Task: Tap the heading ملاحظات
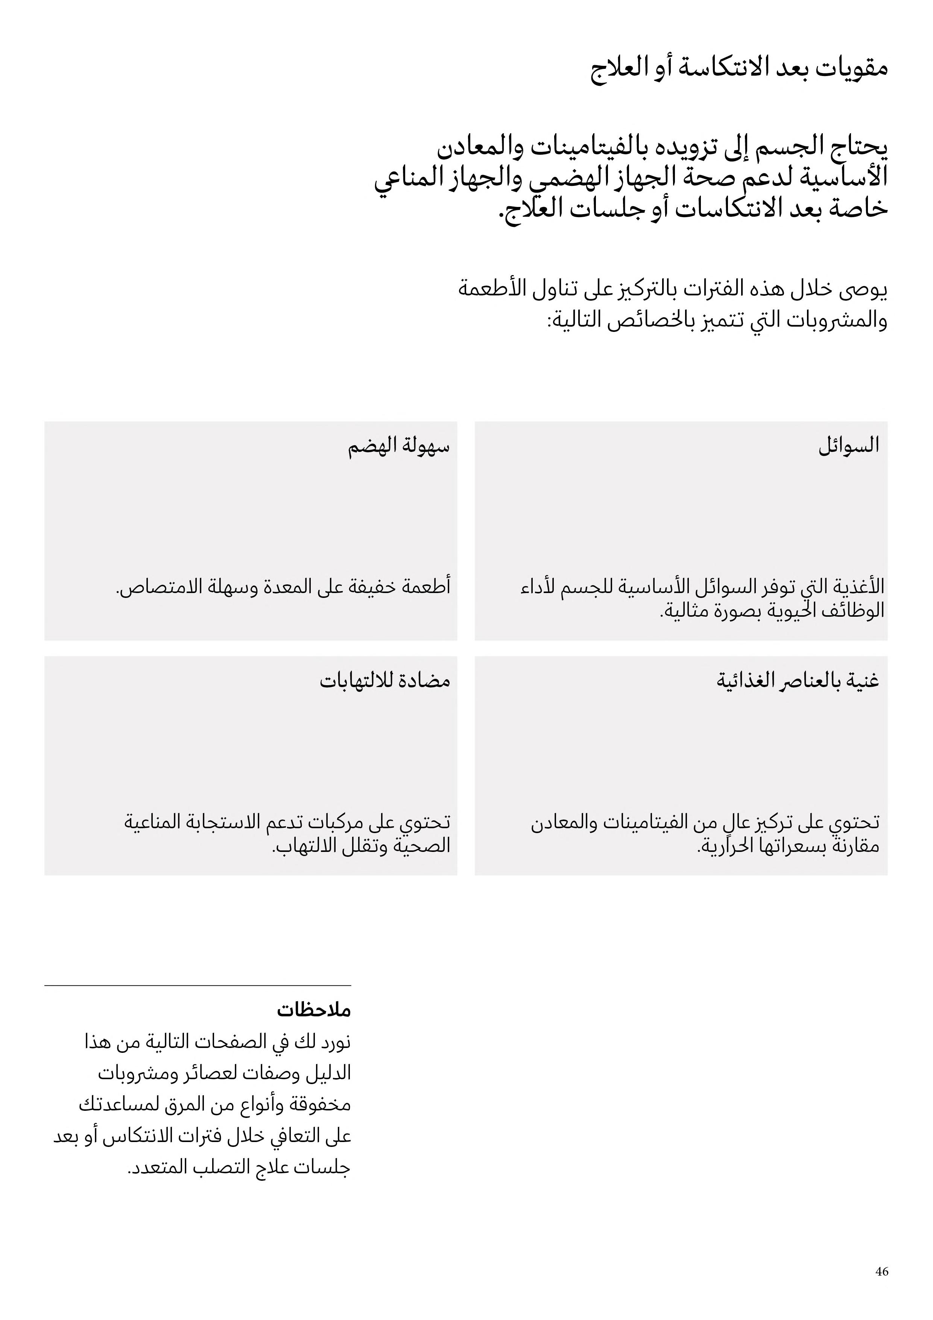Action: (x=313, y=1010)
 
